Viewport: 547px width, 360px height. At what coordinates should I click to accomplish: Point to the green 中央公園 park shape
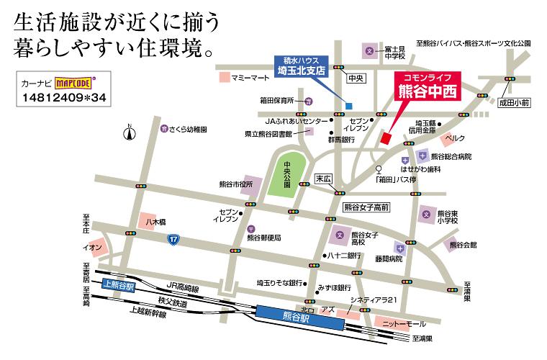(x=286, y=175)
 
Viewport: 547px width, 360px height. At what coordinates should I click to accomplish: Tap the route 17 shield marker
(x=173, y=238)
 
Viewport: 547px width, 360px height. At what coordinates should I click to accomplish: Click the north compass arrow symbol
(x=129, y=132)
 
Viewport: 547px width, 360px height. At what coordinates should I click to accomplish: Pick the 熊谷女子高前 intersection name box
(x=366, y=207)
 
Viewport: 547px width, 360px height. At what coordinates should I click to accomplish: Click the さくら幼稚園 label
(x=188, y=130)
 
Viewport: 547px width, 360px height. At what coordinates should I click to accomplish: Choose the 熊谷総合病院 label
(x=451, y=156)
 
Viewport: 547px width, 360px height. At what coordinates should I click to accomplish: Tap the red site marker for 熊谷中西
(x=385, y=137)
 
